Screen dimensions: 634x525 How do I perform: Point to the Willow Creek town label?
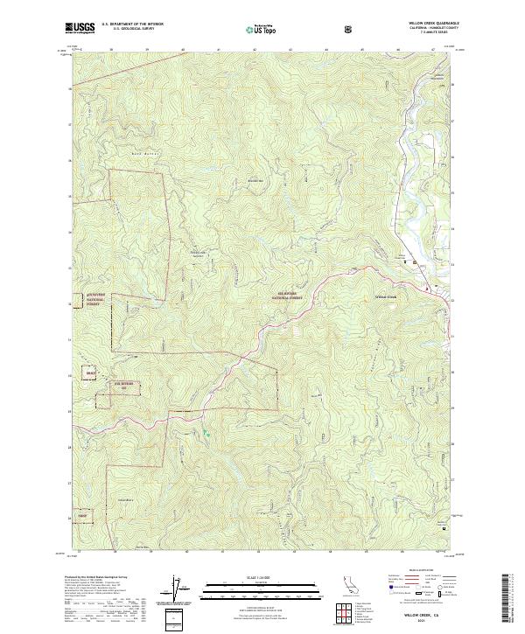click(x=386, y=297)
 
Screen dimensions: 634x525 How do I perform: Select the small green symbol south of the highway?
click(x=206, y=432)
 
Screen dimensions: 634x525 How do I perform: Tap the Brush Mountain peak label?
click(x=255, y=180)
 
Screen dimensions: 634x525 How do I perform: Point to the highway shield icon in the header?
click(x=350, y=29)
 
